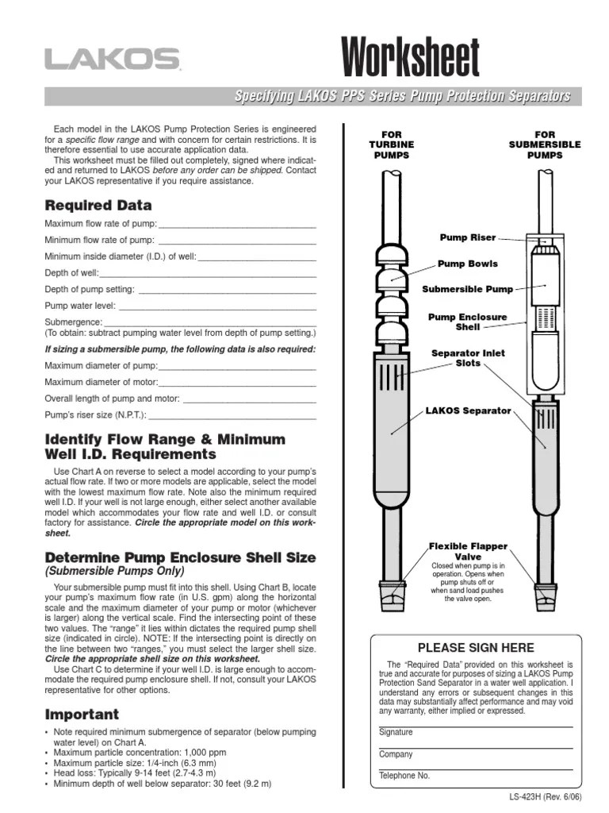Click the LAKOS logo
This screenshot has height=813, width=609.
pyautogui.click(x=112, y=60)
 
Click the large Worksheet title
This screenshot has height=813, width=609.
pyautogui.click(x=410, y=59)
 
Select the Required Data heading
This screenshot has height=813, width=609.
pyautogui.click(x=98, y=205)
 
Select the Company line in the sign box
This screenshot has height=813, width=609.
pyautogui.click(x=476, y=747)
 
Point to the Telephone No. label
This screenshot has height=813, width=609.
pyautogui.click(x=404, y=776)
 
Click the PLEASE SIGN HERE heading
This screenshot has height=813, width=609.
pyautogui.click(x=476, y=648)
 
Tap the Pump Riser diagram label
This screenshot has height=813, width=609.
pyautogui.click(x=468, y=237)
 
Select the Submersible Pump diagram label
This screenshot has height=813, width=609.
pyautogui.click(x=467, y=290)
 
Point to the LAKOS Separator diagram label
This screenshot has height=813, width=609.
pyautogui.click(x=469, y=411)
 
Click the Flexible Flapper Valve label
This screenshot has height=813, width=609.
pyautogui.click(x=468, y=552)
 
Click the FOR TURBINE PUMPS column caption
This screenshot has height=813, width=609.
pyautogui.click(x=391, y=145)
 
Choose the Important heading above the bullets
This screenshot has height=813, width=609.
pyautogui.click(x=82, y=714)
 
